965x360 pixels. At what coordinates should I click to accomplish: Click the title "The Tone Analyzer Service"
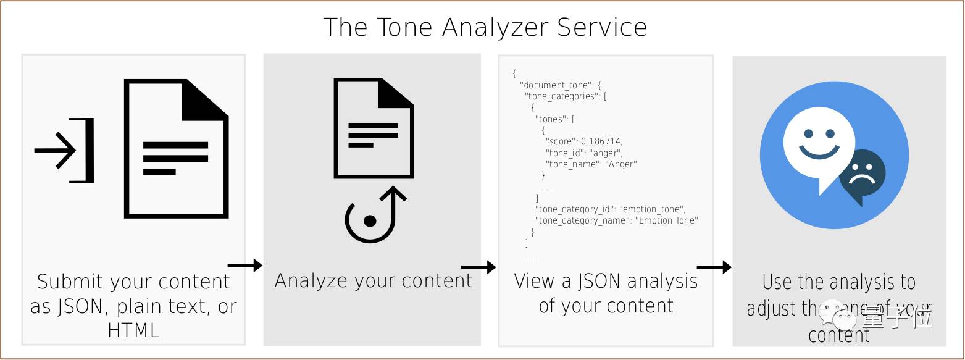(x=485, y=28)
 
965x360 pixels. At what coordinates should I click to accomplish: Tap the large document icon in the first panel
(x=176, y=148)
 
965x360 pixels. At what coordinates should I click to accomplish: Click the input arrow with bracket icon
(x=64, y=150)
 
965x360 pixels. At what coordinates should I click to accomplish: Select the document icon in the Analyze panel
(x=373, y=128)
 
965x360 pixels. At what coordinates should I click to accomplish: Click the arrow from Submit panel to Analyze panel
(x=245, y=266)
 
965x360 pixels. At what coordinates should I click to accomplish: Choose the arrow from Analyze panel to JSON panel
(x=478, y=267)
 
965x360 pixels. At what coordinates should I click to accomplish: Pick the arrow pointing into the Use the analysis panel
(x=714, y=267)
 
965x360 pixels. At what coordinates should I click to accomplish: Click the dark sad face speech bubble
(x=862, y=175)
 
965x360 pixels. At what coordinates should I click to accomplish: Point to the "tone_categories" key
(x=562, y=96)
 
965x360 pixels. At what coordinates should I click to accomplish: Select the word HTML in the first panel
(x=133, y=330)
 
